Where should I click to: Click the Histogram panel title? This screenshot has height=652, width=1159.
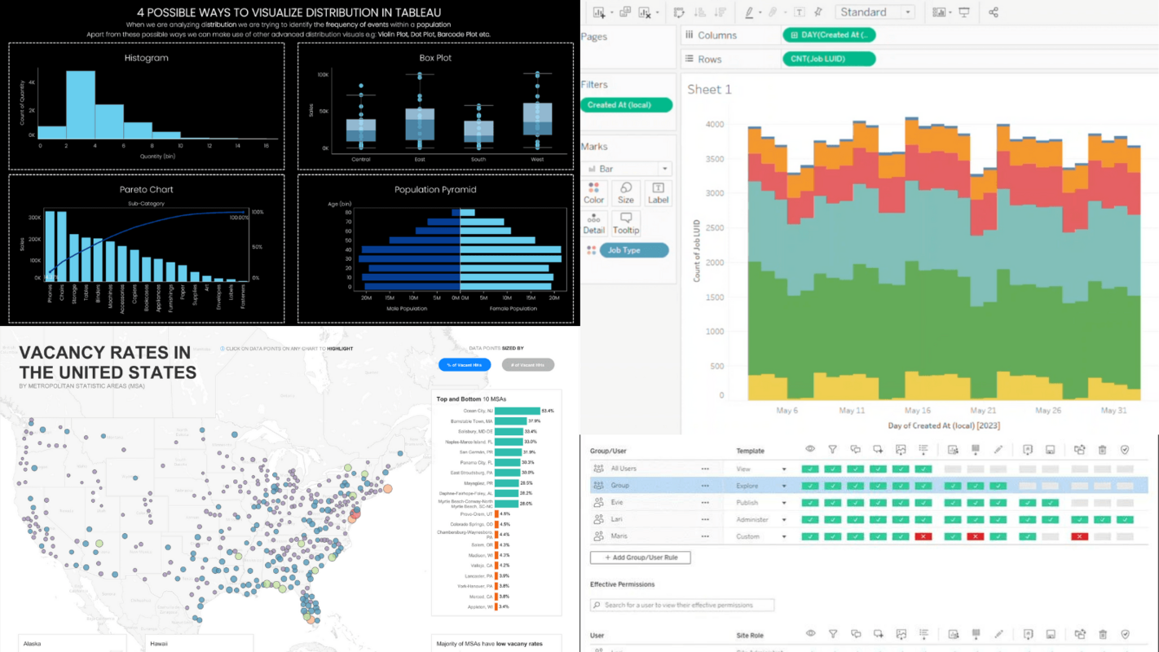tap(147, 58)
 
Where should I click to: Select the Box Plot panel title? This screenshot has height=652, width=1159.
tap(435, 58)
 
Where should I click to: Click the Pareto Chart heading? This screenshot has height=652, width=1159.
tap(147, 189)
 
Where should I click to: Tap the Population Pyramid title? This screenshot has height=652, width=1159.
tap(435, 189)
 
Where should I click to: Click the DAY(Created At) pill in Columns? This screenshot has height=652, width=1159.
tap(828, 35)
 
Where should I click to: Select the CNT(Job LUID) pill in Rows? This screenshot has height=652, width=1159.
tap(828, 59)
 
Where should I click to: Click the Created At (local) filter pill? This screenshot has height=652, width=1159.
tap(626, 105)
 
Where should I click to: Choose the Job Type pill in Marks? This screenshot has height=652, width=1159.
tap(633, 250)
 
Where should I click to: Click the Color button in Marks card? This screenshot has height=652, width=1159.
tap(594, 193)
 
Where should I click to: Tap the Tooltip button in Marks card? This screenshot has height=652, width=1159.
tap(626, 223)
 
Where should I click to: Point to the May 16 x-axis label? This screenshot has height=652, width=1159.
tap(917, 411)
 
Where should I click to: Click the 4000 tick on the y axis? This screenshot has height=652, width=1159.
tap(714, 125)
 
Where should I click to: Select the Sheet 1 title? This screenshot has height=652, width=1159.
tap(709, 89)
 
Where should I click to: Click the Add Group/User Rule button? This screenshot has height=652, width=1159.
tap(641, 557)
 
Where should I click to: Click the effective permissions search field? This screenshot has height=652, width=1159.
tap(682, 605)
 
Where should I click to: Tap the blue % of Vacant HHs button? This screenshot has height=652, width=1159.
tap(465, 365)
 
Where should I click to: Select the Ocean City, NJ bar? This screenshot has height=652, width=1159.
tap(517, 411)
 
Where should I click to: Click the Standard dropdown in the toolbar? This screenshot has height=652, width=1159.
tap(874, 12)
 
